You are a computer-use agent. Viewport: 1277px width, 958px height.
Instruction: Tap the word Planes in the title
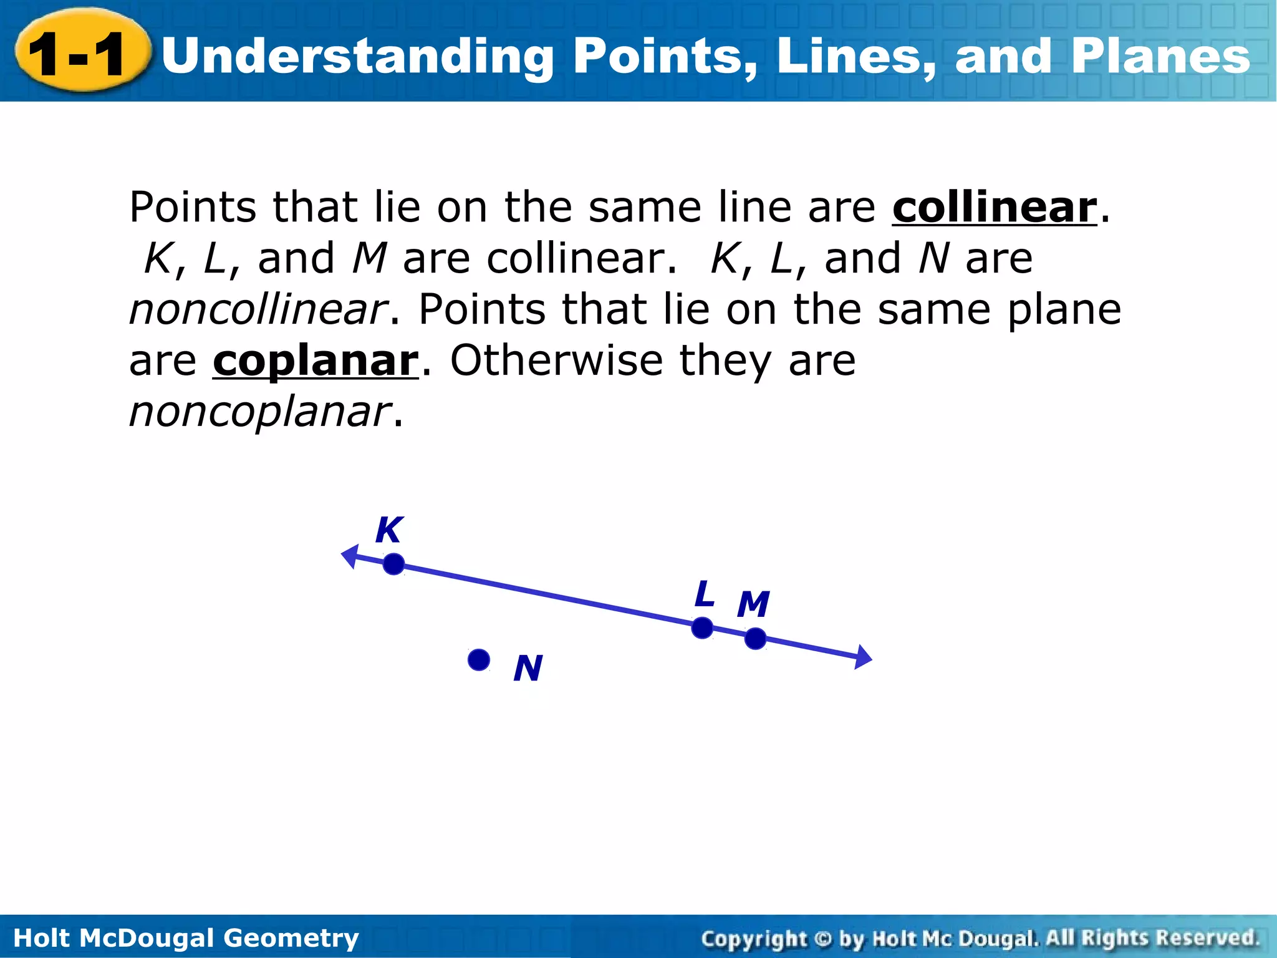(x=1160, y=56)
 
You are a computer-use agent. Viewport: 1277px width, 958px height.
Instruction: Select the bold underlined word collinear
(x=994, y=208)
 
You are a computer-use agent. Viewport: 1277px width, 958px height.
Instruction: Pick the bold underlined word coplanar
(x=316, y=361)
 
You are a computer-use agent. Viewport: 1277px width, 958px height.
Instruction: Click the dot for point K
(x=393, y=564)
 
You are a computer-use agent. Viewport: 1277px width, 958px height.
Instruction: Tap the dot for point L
(x=702, y=628)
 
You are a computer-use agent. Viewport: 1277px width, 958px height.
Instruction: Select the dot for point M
(x=755, y=639)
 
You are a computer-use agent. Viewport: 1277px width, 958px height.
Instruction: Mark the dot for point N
(x=478, y=660)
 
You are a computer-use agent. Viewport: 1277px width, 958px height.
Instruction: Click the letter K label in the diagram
(x=389, y=531)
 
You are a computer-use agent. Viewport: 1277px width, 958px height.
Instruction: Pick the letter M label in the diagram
(x=753, y=604)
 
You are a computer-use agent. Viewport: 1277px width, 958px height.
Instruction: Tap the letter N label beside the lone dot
(x=528, y=669)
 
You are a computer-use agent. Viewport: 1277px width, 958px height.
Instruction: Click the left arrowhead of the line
(x=351, y=555)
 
